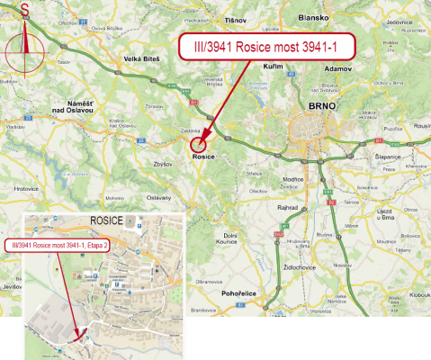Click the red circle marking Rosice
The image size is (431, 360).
(199, 141)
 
